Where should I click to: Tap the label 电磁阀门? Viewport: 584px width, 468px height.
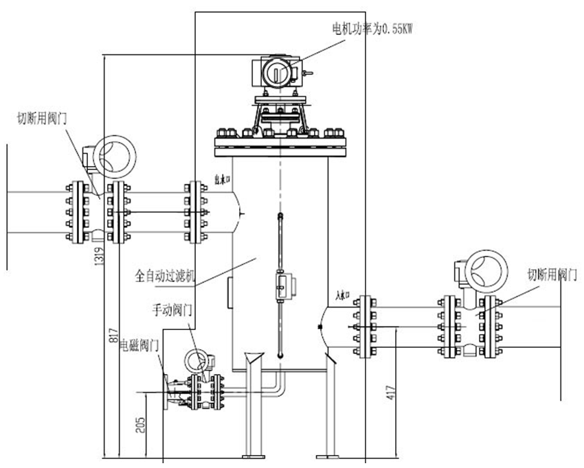tap(140, 343)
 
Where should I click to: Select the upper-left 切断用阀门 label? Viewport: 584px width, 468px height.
tap(41, 118)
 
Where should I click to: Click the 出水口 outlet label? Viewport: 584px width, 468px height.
tap(221, 181)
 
